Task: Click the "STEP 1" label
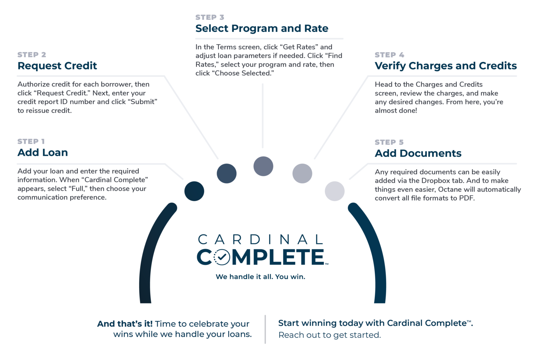pos(31,141)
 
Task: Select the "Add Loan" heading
pos(43,153)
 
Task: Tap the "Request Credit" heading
pos(57,66)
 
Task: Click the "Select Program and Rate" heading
pos(262,28)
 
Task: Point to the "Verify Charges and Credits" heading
pos(446,66)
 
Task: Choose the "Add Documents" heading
pos(418,153)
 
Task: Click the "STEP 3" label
pos(209,17)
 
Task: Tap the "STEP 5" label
pos(389,142)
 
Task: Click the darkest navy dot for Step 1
pos(194,191)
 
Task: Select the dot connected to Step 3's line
pos(263,166)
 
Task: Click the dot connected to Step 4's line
pos(302,173)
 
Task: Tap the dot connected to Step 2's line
pos(226,173)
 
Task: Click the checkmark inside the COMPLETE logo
pos(221,258)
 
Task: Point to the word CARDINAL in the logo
pos(260,240)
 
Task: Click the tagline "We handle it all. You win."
pos(260,277)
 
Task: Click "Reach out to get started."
pos(330,335)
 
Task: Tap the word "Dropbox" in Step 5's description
pos(434,181)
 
